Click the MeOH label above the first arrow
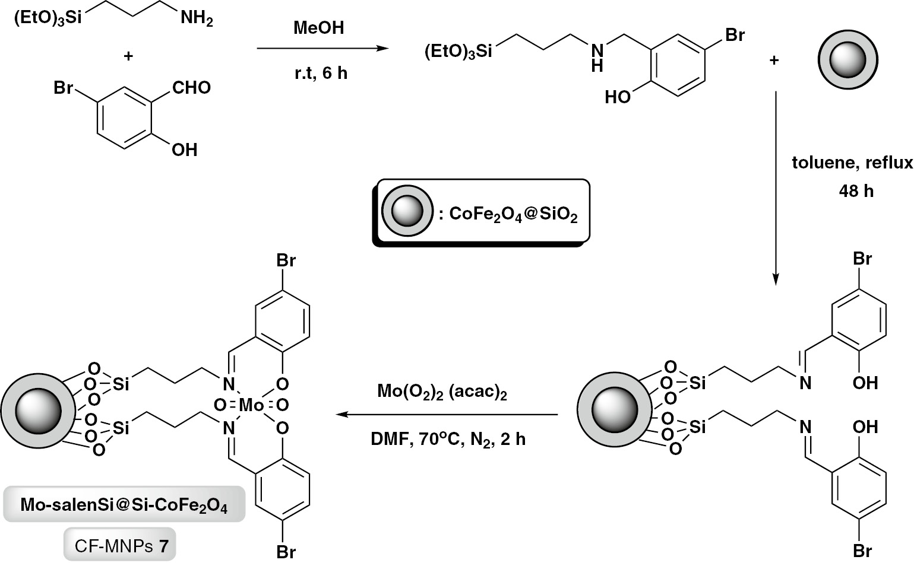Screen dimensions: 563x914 tap(318, 27)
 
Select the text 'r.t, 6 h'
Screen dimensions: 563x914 tap(321, 74)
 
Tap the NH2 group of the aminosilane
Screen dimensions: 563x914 tap(197, 19)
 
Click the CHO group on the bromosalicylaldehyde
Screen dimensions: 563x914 tap(191, 88)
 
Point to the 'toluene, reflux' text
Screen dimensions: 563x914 tap(852, 163)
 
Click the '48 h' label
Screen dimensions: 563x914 tap(856, 191)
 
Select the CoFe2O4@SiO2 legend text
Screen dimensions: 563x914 tap(513, 214)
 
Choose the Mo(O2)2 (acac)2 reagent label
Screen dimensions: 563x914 tap(442, 392)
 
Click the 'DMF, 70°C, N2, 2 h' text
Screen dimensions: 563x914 tap(448, 440)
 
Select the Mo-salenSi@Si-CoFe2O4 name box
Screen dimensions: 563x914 tap(124, 505)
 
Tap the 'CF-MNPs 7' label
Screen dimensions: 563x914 tap(120, 545)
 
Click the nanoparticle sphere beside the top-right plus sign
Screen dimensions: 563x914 tap(847, 60)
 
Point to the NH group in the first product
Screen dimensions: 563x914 tap(597, 58)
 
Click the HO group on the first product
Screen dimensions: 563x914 tap(618, 97)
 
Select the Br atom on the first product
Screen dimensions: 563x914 tap(735, 35)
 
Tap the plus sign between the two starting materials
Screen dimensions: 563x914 tap(128, 56)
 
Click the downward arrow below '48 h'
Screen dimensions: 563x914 tap(775, 190)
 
